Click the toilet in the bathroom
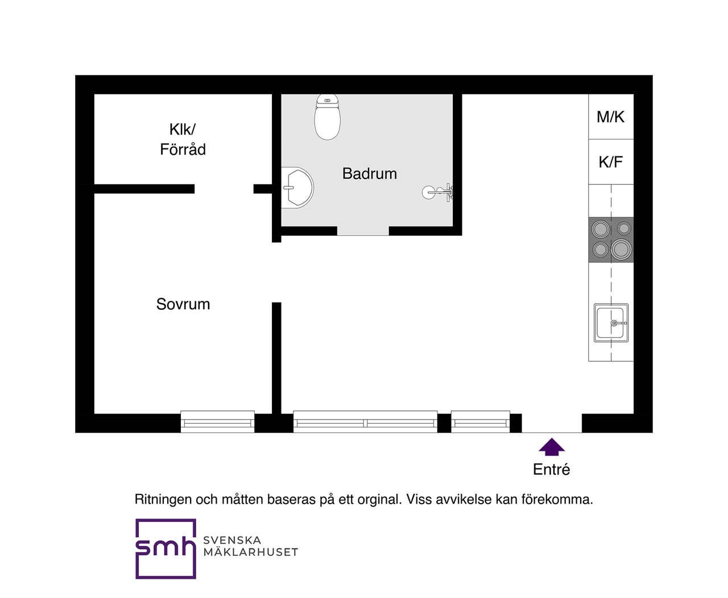click(327, 117)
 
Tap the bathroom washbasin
click(297, 188)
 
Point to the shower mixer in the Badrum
click(437, 192)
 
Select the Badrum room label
click(369, 173)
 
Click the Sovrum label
click(183, 304)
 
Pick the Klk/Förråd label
click(183, 139)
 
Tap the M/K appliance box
click(611, 117)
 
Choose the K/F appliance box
click(611, 161)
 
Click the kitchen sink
click(611, 323)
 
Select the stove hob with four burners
click(611, 239)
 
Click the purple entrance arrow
click(552, 447)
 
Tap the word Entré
click(551, 470)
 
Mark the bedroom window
click(217, 421)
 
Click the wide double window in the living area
click(365, 421)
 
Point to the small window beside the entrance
click(480, 421)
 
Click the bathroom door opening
click(363, 231)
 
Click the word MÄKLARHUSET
click(250, 552)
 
